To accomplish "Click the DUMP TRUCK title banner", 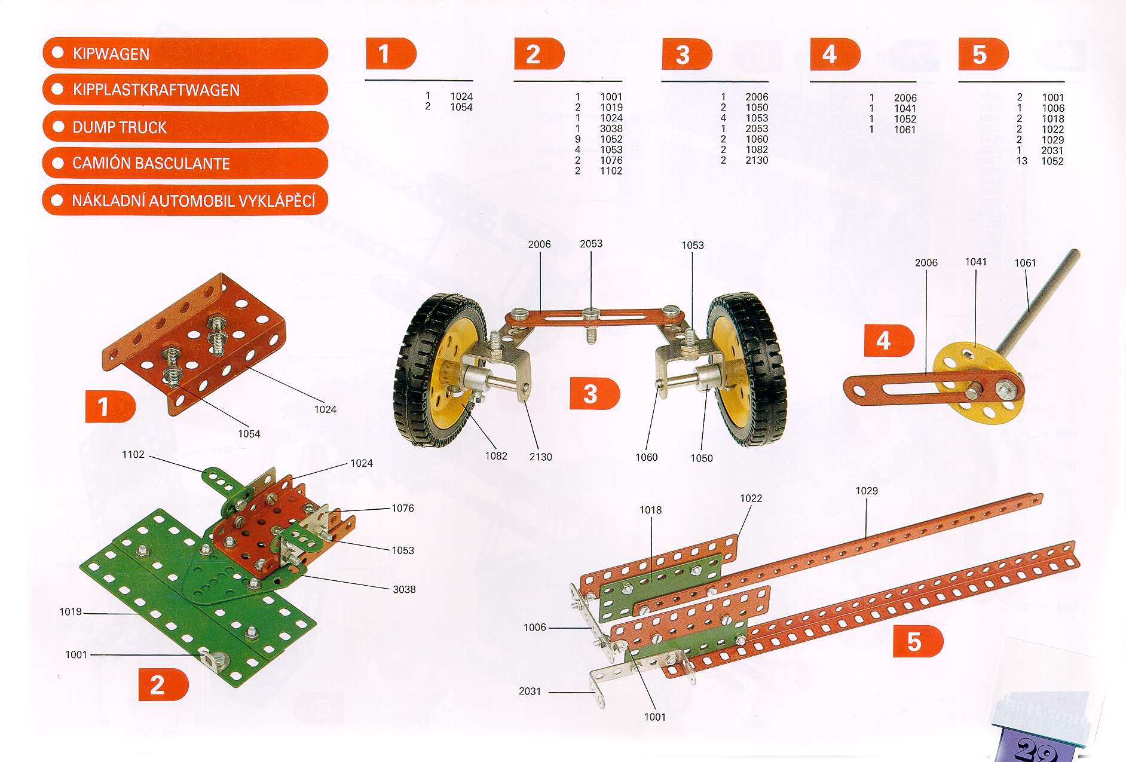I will coord(185,127).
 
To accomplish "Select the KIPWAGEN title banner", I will coord(185,54).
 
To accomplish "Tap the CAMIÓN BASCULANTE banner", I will coord(185,163).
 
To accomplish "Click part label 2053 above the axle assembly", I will coord(591,244).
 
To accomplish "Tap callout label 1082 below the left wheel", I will coord(496,456).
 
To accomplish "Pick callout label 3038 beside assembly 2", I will coord(404,589).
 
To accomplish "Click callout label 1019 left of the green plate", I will coord(71,611).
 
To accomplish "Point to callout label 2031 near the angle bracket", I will coord(530,691).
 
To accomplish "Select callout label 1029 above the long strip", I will coord(867,491).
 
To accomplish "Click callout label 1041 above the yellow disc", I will coord(976,262).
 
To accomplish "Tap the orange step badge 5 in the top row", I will coord(983,54).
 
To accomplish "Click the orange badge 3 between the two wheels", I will coord(594,394).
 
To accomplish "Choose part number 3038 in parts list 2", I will coord(611,128).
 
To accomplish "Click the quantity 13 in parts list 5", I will coord(1022,161).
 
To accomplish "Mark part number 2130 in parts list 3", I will coord(757,160).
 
